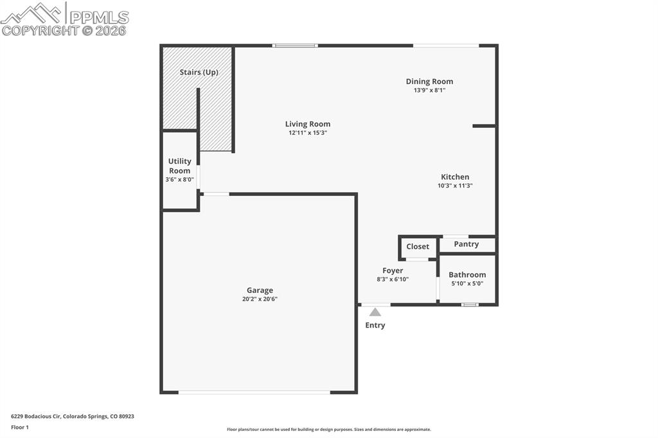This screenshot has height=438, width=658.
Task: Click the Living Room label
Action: click(308, 124)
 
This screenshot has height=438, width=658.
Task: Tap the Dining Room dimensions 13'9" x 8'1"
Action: click(429, 91)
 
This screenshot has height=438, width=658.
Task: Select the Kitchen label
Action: click(455, 177)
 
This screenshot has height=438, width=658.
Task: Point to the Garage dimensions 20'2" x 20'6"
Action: click(260, 299)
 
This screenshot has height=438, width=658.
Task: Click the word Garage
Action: click(260, 290)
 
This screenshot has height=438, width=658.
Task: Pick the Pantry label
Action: click(467, 244)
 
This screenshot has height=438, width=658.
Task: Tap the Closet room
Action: click(418, 247)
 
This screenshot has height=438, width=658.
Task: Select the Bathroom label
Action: click(467, 275)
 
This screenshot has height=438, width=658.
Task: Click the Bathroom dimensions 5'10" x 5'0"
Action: click(467, 283)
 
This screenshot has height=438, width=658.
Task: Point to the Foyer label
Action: click(393, 271)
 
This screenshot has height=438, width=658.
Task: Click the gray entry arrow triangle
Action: click(375, 312)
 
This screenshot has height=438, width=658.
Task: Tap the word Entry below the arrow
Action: click(375, 326)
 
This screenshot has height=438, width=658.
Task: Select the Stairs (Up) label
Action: click(199, 73)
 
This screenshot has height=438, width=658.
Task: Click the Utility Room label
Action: click(179, 166)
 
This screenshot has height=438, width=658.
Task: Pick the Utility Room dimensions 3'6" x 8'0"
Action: click(179, 180)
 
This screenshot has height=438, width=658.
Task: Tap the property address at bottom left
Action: click(73, 416)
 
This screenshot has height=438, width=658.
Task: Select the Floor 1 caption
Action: click(20, 427)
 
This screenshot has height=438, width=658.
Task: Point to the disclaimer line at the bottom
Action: click(329, 430)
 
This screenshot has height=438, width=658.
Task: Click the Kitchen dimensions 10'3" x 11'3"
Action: click(455, 186)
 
